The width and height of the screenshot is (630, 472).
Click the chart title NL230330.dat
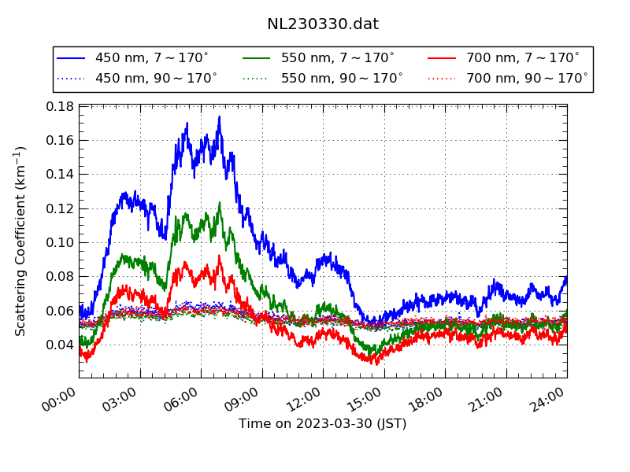323,24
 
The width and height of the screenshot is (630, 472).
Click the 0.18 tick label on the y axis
60,106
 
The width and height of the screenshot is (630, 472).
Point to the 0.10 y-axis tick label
60,242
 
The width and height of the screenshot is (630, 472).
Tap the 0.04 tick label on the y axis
60,345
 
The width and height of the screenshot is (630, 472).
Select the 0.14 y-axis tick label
60,175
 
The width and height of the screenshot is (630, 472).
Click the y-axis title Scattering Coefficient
21,241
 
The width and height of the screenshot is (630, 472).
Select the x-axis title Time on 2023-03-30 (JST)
323,424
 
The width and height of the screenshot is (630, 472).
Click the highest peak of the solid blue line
219,117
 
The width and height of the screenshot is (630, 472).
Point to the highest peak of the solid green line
220,203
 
